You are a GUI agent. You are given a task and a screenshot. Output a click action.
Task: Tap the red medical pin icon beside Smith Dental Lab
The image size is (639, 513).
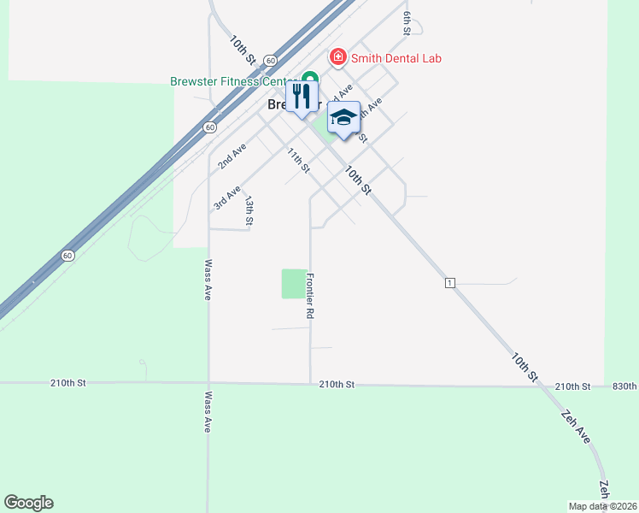[x=338, y=57]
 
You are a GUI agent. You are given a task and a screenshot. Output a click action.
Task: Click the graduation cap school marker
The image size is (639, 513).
[x=343, y=119]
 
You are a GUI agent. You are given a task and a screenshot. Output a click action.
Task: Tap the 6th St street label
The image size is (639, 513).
[x=407, y=23]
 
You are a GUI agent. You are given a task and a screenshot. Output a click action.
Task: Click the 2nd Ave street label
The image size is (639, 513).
[x=232, y=156]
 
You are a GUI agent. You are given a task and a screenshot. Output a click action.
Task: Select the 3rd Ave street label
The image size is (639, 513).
[x=227, y=198]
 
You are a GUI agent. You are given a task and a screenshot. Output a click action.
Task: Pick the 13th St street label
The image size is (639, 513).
[x=249, y=211]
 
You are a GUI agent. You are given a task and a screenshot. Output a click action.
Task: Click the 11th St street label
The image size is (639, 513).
[x=298, y=160]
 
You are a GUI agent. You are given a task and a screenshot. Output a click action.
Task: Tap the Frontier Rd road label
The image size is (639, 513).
[x=310, y=296]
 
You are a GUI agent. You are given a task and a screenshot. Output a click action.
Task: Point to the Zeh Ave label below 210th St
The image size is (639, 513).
[x=575, y=427]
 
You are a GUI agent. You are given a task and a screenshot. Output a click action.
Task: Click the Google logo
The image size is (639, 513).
[x=28, y=503]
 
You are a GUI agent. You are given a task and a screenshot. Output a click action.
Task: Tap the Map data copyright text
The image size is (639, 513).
[x=603, y=506]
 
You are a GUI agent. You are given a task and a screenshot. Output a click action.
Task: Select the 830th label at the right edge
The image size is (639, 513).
[x=624, y=386]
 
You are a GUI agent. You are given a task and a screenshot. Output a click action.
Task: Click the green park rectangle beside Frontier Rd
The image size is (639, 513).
[x=293, y=284]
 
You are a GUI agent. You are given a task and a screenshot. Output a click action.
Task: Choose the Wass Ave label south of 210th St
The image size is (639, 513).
[x=208, y=412]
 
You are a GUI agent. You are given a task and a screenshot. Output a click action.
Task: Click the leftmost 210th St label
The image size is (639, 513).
[x=69, y=383]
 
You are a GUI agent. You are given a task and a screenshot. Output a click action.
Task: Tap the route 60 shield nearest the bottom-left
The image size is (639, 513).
[x=68, y=256]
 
